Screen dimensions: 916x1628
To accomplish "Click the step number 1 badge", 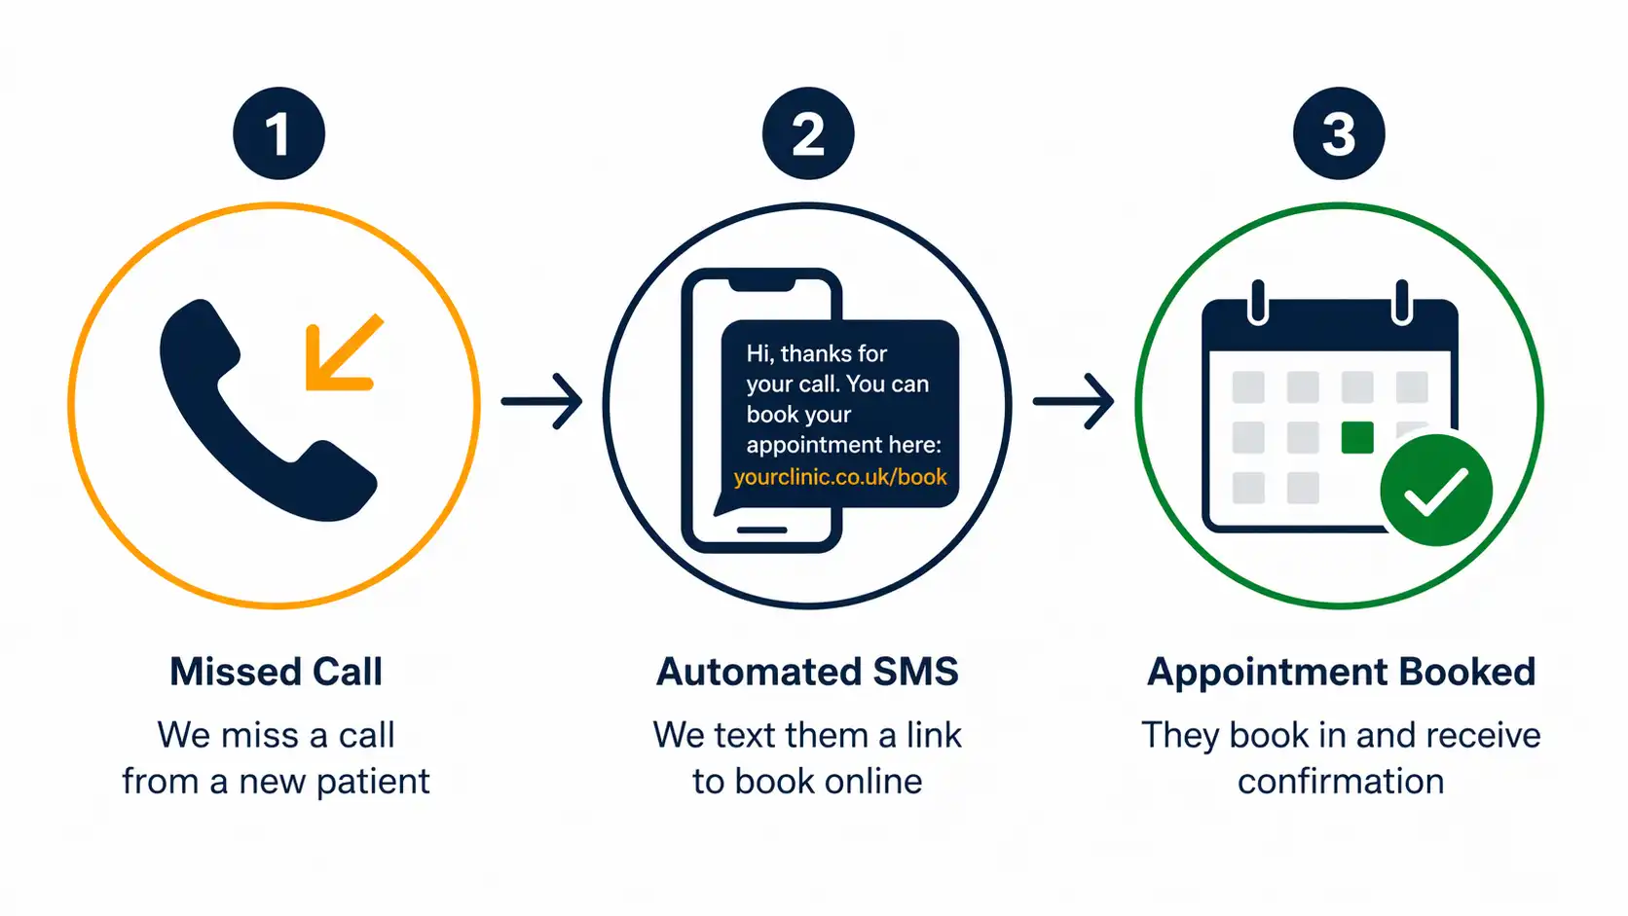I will (x=278, y=133).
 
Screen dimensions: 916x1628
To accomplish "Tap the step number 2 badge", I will (x=808, y=133).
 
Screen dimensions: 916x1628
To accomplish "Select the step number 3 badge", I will (x=1339, y=133).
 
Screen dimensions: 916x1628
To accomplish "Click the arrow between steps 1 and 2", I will (x=542, y=401).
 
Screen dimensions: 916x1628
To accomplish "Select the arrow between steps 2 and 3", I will (x=1074, y=401).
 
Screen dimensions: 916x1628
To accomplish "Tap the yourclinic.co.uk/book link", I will (x=840, y=477).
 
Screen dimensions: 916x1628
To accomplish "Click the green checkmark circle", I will (x=1436, y=490).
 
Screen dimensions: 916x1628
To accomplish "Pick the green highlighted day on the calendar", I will (x=1357, y=437).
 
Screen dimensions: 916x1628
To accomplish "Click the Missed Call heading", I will (x=277, y=672).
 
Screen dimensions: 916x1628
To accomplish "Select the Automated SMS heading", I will (x=807, y=672).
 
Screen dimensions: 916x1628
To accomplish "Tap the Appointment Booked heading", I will (x=1341, y=672).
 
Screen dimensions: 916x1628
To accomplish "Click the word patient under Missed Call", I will (x=373, y=782).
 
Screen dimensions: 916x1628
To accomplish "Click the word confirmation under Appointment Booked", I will (x=1341, y=782).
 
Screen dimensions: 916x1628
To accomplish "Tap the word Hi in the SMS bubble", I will (x=759, y=353).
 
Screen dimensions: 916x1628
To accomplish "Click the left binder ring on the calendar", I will (x=1258, y=302).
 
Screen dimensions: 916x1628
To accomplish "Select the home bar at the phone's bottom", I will (x=761, y=531).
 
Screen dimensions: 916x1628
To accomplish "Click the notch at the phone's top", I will (x=761, y=282).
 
